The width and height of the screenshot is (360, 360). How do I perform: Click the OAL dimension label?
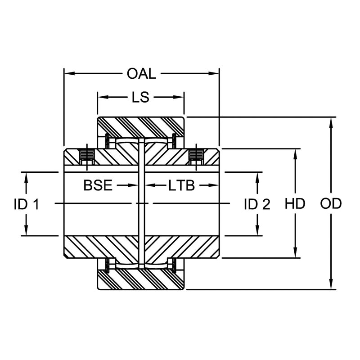coord(141,74)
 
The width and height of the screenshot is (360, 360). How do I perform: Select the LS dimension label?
coord(140,97)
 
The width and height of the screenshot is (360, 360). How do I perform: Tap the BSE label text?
coord(98,185)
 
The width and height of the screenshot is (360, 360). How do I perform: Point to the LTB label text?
coord(182,185)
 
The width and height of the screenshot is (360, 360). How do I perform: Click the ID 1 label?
coord(27,204)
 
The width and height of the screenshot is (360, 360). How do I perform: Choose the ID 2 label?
coord(257,204)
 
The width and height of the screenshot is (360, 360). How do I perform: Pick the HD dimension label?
coord(295,204)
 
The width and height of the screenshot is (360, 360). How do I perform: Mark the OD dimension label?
coord(331,204)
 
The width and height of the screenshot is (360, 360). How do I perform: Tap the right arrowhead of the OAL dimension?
coord(214,73)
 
